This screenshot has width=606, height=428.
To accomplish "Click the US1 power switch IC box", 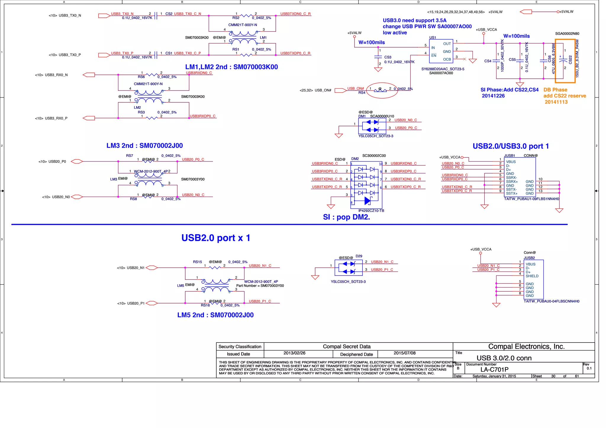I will [x=441, y=51].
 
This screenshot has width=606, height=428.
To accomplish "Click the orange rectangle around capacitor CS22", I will [x=565, y=61].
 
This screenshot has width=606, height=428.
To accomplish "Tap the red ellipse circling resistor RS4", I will [x=382, y=90].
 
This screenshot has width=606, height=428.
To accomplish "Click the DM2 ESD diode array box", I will [x=366, y=185].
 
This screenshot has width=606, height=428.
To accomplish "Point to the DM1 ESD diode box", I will [x=372, y=126].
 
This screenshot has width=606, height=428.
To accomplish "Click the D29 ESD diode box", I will [x=348, y=268].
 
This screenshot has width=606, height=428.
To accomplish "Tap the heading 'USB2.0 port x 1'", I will [x=216, y=238].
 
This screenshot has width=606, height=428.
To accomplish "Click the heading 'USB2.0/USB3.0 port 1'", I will [x=510, y=146].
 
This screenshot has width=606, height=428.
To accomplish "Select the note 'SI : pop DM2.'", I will [x=346, y=217].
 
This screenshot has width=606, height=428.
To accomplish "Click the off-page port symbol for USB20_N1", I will [x=151, y=268].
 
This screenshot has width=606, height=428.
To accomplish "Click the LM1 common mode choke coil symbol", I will [x=244, y=38].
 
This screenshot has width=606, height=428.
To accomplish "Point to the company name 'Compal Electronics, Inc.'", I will [x=526, y=346].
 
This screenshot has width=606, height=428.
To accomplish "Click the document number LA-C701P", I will [x=494, y=369].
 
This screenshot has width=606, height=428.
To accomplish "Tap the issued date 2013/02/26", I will [x=294, y=353].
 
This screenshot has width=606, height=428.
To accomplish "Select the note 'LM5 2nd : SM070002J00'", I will [x=215, y=315].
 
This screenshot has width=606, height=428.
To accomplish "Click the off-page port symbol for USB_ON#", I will [x=340, y=91].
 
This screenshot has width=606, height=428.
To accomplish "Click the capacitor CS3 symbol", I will [x=378, y=56].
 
